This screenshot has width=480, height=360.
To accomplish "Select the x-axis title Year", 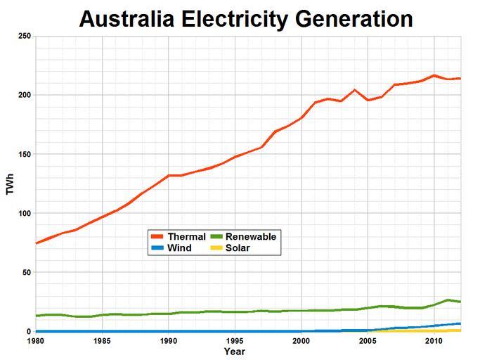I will (x=235, y=351).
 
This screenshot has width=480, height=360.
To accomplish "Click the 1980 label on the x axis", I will (x=37, y=341).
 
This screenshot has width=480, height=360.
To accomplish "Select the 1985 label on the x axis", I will (x=103, y=341).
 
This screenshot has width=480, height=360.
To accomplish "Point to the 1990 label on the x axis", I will (x=169, y=341).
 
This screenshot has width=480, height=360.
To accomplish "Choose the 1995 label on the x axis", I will (x=235, y=341).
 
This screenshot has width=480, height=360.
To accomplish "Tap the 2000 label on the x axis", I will (x=301, y=341).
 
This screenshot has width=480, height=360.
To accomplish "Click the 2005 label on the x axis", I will (x=368, y=341).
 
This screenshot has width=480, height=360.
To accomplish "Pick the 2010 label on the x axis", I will (x=434, y=341).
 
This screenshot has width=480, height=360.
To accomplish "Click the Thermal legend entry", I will (x=179, y=237).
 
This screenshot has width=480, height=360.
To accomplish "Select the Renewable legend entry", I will (x=243, y=237).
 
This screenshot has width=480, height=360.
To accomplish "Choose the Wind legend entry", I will (x=173, y=247).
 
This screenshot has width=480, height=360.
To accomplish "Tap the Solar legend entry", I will (x=233, y=247).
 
